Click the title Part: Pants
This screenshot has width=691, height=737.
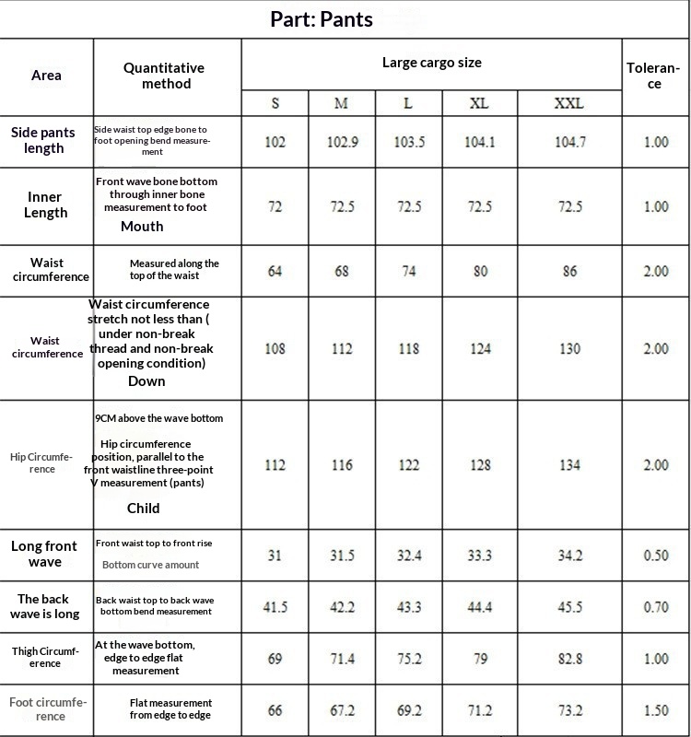pos(322,19)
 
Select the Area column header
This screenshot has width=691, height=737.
pos(46,75)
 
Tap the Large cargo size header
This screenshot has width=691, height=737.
pos(431,63)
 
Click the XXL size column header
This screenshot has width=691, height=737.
pos(569,103)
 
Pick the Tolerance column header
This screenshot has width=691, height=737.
pos(653,76)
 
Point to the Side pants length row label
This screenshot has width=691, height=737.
pos(44,141)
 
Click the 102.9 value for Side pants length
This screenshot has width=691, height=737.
pos(342,142)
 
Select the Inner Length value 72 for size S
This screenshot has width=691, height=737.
pos(275,206)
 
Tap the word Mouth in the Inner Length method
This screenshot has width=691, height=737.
pos(142,226)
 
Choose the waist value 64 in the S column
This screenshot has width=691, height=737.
pos(275,271)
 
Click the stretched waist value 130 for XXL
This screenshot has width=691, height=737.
pos(569,348)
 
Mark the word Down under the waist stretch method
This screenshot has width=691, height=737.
pos(146,380)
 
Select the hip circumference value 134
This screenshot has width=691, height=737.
pos(569,464)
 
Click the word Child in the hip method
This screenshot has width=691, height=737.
pos(143,508)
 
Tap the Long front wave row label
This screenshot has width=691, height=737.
pos(44,554)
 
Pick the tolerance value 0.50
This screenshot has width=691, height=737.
pos(656,555)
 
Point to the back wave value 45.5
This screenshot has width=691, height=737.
pos(569,607)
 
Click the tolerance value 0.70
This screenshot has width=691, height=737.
pos(656,607)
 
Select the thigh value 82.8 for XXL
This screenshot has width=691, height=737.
pos(569,659)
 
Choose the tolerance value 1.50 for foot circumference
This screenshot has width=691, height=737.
pos(656,710)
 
